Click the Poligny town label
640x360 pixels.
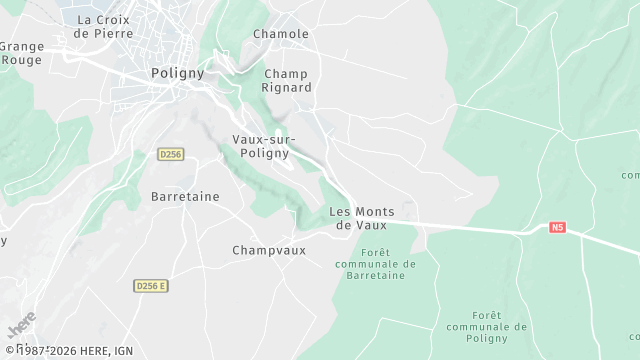pos(177,73)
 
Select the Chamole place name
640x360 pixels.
pos(281,34)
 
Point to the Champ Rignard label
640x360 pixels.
pos(288,80)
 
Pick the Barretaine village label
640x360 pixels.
pos(185,197)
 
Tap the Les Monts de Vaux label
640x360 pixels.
pos(361,218)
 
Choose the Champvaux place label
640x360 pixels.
pos(267,250)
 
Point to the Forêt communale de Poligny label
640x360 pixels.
pos(487,326)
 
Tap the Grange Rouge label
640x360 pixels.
pos(21,52)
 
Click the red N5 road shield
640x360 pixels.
pos(558,228)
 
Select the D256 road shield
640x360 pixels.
pos(170,154)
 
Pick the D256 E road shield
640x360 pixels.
pos(151,286)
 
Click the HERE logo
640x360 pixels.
pos(20,327)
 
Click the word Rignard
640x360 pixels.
pos(288,87)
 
